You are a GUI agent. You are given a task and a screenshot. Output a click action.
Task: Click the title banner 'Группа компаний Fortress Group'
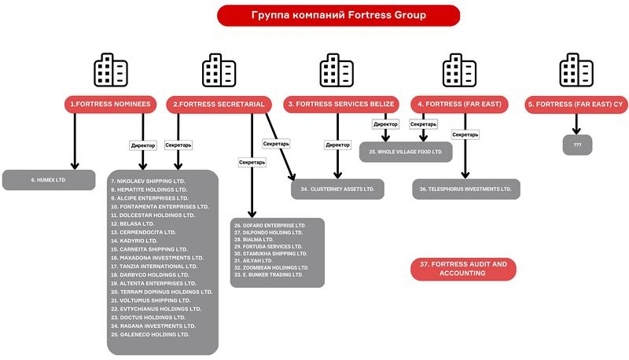point(338,15)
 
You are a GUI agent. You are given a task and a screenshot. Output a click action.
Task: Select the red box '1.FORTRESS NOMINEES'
point(111,104)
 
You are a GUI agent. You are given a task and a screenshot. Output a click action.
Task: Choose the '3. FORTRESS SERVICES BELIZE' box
point(342,104)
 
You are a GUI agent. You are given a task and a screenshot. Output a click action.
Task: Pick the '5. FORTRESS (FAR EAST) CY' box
point(577,104)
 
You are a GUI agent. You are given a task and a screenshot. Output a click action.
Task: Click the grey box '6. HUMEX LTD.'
point(49,180)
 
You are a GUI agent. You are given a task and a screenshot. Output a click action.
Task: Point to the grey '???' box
point(577,145)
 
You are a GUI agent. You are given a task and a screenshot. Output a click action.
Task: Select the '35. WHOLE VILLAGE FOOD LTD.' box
point(406,151)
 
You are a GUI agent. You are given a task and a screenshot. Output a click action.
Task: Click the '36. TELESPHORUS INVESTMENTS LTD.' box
point(466,189)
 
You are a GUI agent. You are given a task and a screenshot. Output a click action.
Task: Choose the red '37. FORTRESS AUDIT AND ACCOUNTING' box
point(463,269)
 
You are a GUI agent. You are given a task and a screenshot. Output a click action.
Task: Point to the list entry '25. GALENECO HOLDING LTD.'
point(150,334)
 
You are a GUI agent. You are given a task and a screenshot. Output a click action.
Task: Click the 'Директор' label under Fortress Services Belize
point(337,145)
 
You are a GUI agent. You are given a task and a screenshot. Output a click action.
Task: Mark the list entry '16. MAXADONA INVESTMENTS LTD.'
point(156,257)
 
